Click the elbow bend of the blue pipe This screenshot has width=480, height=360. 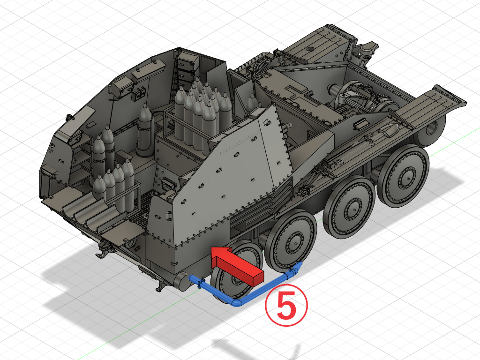[237, 302]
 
